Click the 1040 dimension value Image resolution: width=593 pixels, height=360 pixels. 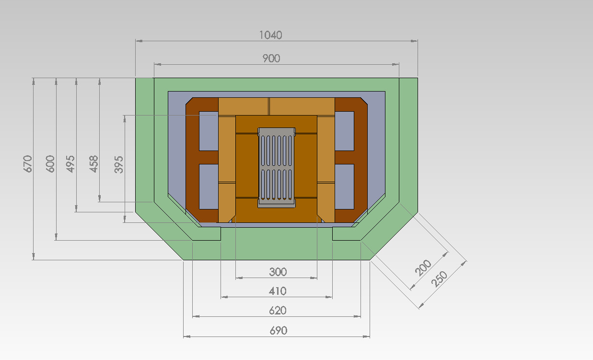click(270, 35)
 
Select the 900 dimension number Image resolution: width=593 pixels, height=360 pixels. click(271, 58)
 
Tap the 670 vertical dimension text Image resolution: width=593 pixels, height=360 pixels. click(28, 164)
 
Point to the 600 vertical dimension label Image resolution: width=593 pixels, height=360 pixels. click(50, 164)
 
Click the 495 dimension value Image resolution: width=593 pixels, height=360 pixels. click(70, 164)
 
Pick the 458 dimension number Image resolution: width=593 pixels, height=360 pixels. click(93, 164)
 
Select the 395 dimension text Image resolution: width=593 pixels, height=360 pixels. click(118, 164)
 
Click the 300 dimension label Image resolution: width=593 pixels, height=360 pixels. click(278, 272)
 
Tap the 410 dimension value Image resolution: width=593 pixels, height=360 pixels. click(278, 291)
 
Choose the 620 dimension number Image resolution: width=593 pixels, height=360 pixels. click(278, 311)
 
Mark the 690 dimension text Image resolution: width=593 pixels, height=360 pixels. click(278, 331)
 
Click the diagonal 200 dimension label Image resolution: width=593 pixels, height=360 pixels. click(423, 267)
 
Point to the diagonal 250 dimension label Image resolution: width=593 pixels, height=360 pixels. click(439, 279)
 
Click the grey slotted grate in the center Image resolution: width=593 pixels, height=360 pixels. click(277, 168)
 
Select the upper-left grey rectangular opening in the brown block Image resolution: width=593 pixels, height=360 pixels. click(209, 131)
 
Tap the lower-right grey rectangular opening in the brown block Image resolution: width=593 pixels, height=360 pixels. click(344, 186)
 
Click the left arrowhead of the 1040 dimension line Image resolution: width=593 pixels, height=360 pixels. click(139, 41)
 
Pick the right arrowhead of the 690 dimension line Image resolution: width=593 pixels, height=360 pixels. click(366, 337)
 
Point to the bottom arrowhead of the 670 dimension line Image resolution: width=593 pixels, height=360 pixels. click(34, 256)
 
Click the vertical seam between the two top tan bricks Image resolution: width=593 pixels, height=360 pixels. click(269, 106)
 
